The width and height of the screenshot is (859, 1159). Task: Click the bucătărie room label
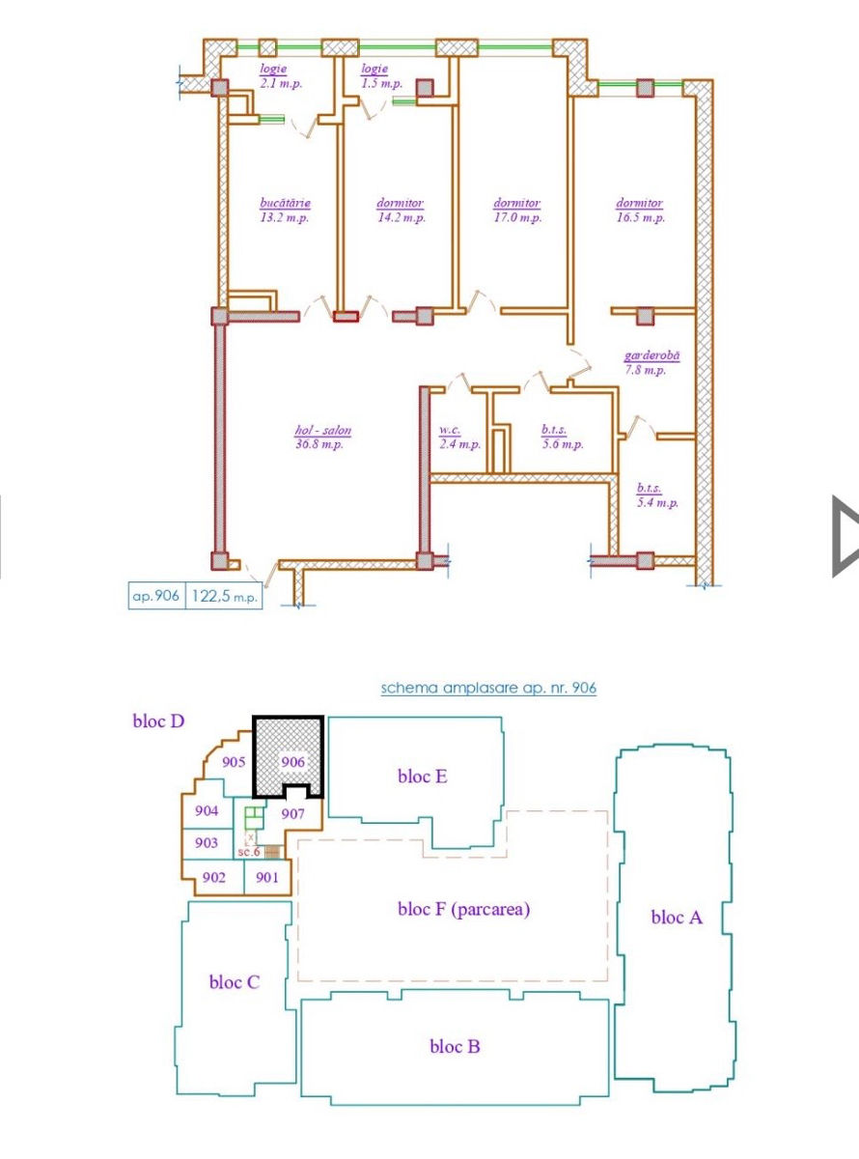pyautogui.click(x=285, y=203)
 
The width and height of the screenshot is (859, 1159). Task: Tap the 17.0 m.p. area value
pyautogui.click(x=517, y=217)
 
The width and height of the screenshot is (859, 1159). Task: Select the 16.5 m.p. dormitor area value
pyautogui.click(x=640, y=217)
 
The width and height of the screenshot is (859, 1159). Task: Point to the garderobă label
pyautogui.click(x=652, y=355)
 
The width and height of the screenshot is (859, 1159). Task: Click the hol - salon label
pyautogui.click(x=322, y=430)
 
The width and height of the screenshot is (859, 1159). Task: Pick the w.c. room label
pyautogui.click(x=450, y=430)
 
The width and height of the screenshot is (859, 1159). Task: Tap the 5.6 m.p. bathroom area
pyautogui.click(x=563, y=444)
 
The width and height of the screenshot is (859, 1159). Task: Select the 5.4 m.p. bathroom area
pyautogui.click(x=657, y=503)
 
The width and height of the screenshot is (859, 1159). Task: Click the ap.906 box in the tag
pyautogui.click(x=156, y=596)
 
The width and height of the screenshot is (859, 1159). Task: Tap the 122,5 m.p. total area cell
pyautogui.click(x=224, y=596)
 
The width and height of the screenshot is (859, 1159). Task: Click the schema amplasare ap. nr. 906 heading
pyautogui.click(x=488, y=688)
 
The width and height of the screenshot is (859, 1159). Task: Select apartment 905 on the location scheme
pyautogui.click(x=234, y=762)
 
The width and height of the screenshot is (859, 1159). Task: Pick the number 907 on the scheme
pyautogui.click(x=292, y=813)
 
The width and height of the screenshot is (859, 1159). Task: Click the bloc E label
pyautogui.click(x=423, y=777)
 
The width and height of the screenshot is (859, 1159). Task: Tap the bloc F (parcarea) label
pyautogui.click(x=463, y=909)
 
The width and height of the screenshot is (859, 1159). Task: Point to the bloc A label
pyautogui.click(x=677, y=918)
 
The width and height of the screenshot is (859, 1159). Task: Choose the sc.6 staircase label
pyautogui.click(x=249, y=852)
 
